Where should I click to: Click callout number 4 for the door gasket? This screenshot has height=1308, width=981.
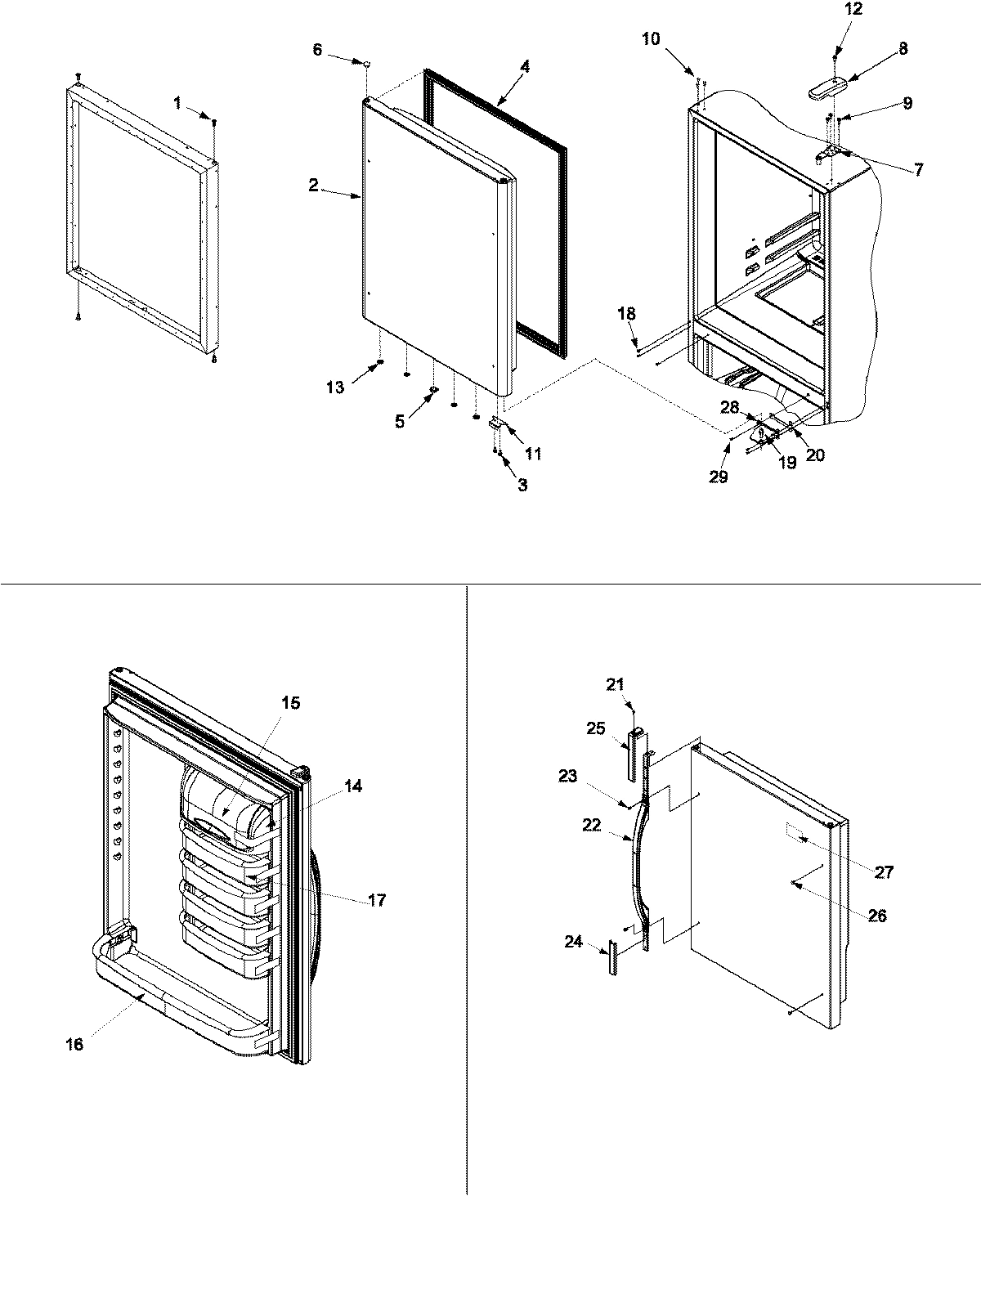pyautogui.click(x=525, y=67)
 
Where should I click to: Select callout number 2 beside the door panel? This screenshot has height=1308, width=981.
pyautogui.click(x=313, y=186)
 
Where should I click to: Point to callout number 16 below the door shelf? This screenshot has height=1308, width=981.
pyautogui.click(x=74, y=1044)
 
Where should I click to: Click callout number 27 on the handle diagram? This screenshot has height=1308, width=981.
pyautogui.click(x=884, y=872)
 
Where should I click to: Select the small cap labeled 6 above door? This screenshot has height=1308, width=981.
pyautogui.click(x=367, y=61)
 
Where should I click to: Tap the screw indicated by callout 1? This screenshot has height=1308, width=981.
pyautogui.click(x=214, y=123)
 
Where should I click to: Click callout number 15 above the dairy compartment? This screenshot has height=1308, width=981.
pyautogui.click(x=291, y=702)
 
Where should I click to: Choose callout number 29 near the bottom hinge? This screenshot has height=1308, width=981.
pyautogui.click(x=718, y=477)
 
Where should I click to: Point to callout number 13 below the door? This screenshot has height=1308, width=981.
pyautogui.click(x=335, y=387)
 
